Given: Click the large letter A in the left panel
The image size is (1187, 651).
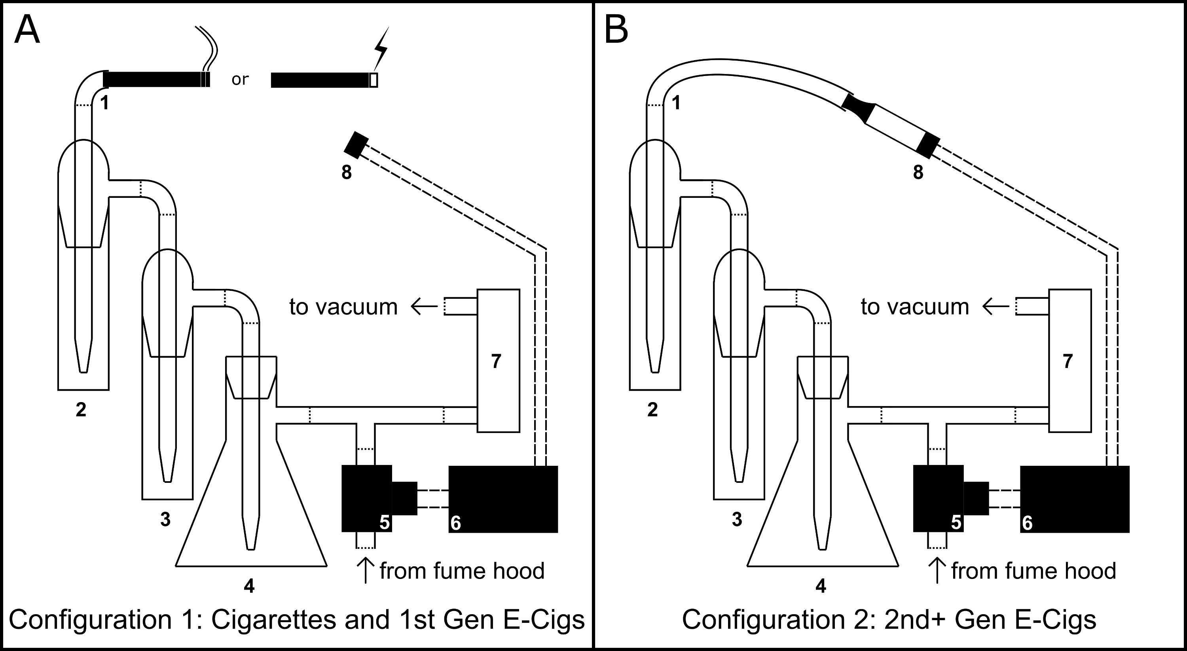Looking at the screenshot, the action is [27, 30].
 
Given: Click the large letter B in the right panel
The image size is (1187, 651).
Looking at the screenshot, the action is [616, 30].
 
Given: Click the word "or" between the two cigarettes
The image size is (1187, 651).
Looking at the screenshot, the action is [240, 79].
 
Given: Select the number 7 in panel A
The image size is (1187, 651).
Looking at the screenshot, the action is [496, 362].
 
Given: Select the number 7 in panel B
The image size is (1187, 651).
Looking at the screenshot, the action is [1068, 362].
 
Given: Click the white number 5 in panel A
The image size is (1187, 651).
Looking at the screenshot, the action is [384, 523].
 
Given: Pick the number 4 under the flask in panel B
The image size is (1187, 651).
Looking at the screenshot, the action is [821, 586].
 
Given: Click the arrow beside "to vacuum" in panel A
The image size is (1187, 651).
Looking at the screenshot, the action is [424, 306].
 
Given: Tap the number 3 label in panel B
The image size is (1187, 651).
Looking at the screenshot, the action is [737, 520].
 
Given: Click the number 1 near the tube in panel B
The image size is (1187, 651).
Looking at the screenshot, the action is [676, 103].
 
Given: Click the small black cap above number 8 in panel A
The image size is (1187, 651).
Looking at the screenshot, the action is [356, 145].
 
